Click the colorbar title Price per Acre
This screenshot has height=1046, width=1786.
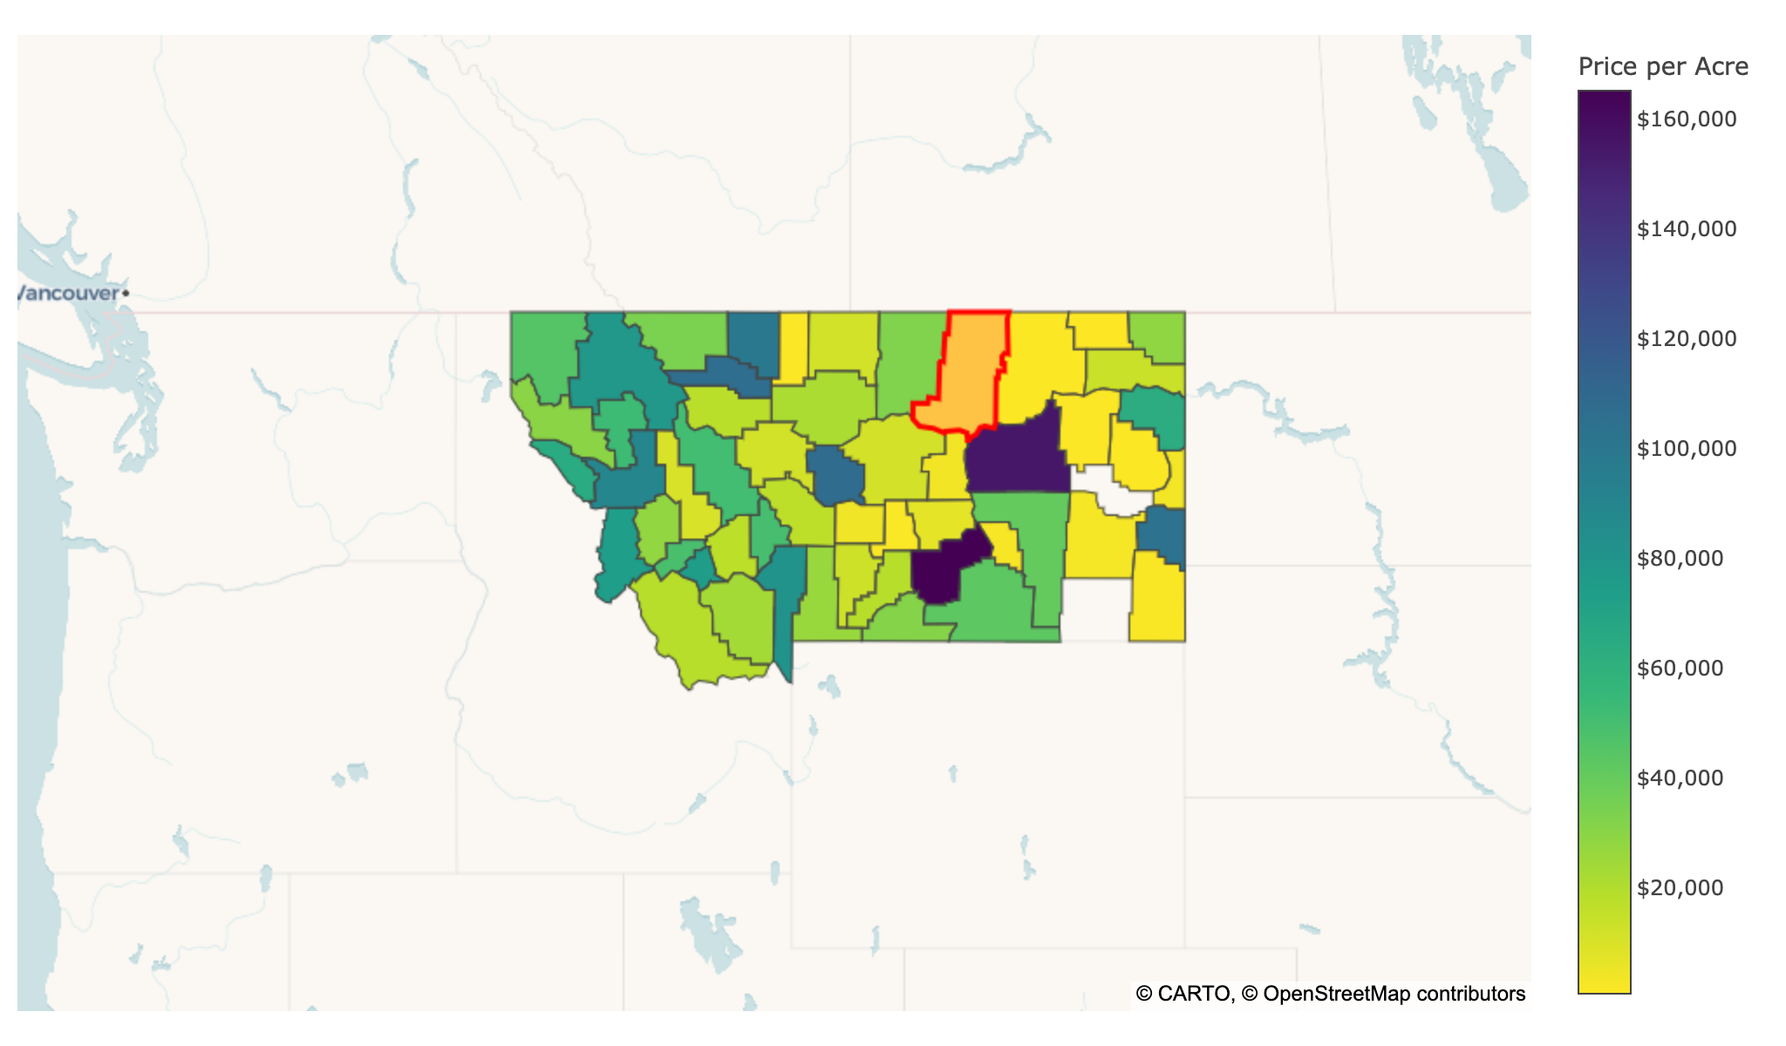[x=1663, y=67]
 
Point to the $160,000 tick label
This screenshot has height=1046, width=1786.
[x=1687, y=119]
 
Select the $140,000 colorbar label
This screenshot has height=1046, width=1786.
[x=1687, y=228]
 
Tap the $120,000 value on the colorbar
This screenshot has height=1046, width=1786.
[x=1687, y=338]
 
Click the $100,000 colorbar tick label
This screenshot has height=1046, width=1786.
[x=1687, y=448]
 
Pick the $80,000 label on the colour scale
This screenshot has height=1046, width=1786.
[x=1680, y=558]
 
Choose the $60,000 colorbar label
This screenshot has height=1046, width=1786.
[x=1680, y=668]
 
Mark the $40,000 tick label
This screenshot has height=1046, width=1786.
[x=1680, y=778]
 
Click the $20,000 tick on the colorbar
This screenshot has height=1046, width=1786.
[x=1680, y=887]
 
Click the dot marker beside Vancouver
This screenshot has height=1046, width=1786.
[x=126, y=293]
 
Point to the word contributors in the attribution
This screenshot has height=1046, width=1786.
[x=1471, y=994]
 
